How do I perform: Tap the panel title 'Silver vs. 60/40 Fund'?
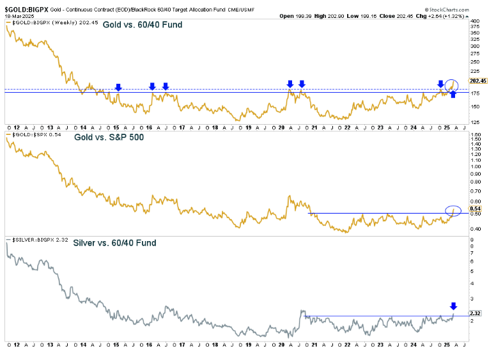114,243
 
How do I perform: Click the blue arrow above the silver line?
453,306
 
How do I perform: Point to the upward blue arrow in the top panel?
453,95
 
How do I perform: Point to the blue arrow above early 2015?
118,87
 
